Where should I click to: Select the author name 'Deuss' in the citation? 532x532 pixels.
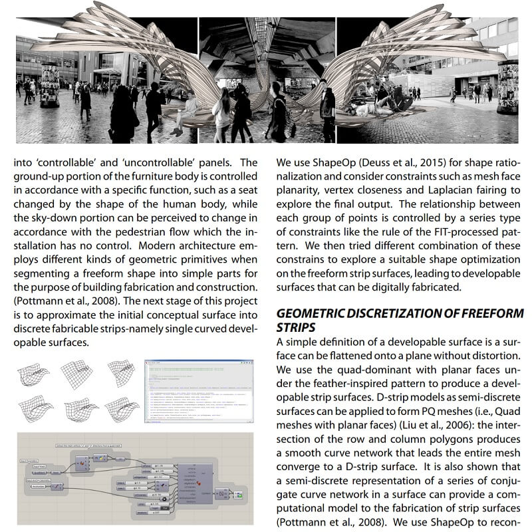coord(368,163)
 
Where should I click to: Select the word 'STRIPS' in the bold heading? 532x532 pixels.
coord(295,328)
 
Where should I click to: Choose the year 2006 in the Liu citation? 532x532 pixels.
coord(395,426)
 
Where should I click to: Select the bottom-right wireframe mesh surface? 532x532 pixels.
coord(121,408)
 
